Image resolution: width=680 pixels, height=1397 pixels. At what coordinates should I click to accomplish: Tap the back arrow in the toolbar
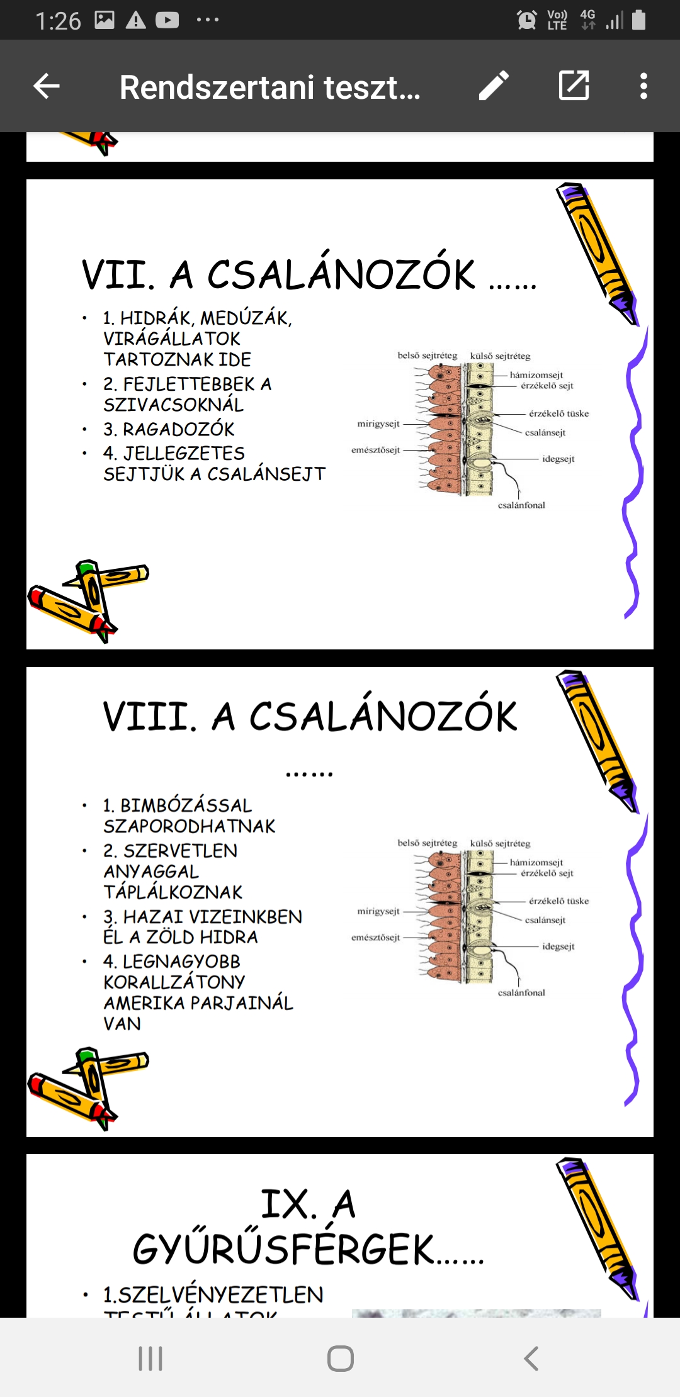click(47, 86)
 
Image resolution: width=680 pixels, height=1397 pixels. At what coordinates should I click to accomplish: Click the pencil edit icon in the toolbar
click(494, 86)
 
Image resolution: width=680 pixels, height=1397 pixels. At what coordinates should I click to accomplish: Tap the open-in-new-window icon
click(574, 86)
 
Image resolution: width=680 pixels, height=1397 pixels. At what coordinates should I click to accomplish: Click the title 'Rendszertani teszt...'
click(269, 87)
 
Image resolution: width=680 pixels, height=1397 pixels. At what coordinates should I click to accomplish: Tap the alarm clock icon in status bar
click(526, 20)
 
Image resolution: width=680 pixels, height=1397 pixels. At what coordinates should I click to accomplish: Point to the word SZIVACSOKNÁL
click(173, 405)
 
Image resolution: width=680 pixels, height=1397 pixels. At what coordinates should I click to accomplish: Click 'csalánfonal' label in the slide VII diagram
click(521, 505)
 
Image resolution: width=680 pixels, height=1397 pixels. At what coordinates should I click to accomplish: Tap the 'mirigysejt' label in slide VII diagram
click(378, 424)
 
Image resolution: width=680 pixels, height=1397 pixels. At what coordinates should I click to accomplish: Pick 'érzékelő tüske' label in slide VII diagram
click(558, 414)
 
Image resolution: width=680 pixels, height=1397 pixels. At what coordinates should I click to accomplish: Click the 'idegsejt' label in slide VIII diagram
click(558, 946)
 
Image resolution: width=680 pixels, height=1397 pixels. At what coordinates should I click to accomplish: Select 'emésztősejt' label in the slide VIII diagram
click(376, 938)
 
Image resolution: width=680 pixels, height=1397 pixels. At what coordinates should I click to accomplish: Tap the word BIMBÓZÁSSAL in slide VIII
click(186, 805)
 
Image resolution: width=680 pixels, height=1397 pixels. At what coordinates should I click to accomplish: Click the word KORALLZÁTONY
click(174, 982)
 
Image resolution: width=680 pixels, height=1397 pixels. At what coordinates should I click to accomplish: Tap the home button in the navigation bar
click(340, 1358)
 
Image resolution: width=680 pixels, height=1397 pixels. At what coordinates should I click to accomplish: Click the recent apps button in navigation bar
click(150, 1358)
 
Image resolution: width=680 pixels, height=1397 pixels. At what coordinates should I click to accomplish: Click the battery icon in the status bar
click(638, 20)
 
